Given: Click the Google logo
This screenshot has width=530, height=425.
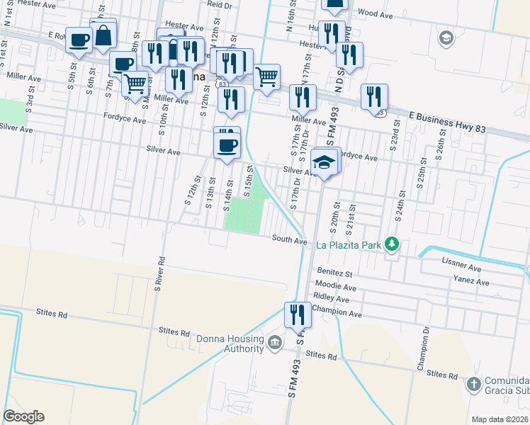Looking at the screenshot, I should (23, 416).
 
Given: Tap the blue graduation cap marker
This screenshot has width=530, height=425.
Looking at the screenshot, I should (325, 162).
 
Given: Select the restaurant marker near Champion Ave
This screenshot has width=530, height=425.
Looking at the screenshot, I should (297, 314).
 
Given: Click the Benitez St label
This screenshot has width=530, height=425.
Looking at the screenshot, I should (335, 273).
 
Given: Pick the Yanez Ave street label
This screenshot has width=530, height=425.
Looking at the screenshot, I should (472, 282).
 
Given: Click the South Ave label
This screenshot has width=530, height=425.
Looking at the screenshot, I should (290, 240).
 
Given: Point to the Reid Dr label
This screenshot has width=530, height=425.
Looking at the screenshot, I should (220, 4).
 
